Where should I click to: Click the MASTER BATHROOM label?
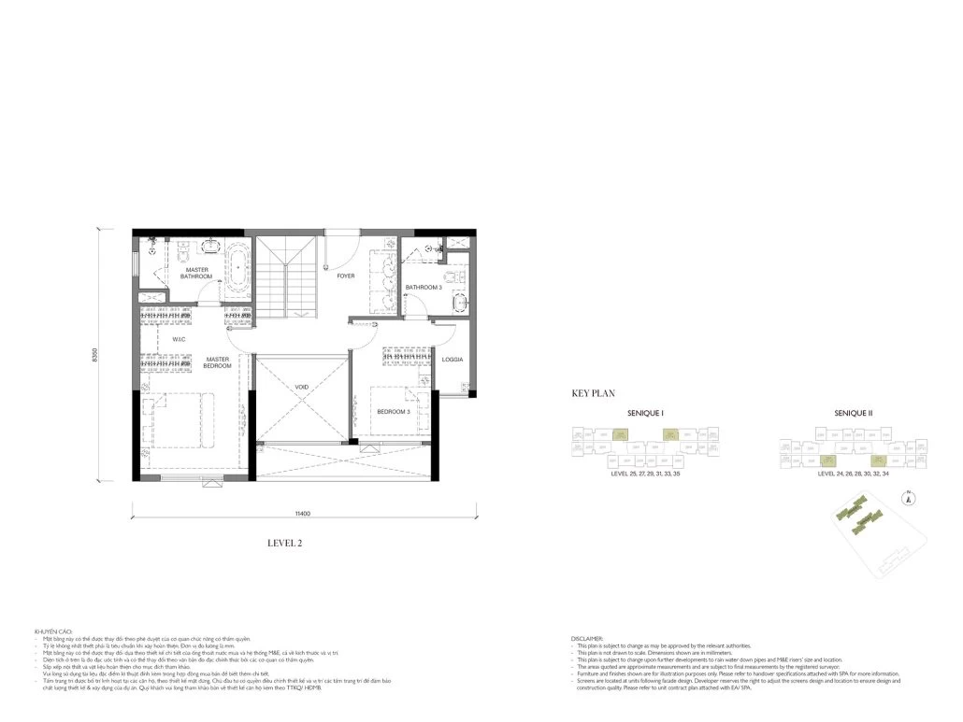pos(196,272)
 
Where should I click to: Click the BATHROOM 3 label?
pos(423,287)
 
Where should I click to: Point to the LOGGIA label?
pos(453,360)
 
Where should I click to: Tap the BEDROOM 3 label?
pos(394,411)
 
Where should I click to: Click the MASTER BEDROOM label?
pos(218,362)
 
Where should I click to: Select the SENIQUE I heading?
pos(644,413)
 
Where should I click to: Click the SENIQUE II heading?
pos(853,413)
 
